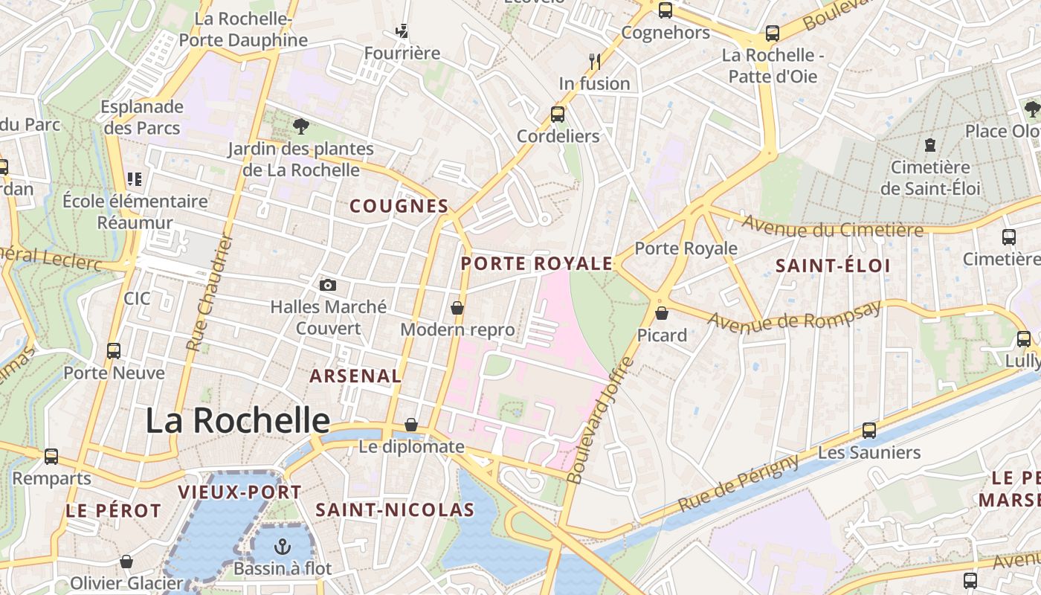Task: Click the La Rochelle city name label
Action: (237, 421)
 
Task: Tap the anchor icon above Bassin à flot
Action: (282, 547)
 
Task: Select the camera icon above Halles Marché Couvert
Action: (327, 285)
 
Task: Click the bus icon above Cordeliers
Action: (558, 115)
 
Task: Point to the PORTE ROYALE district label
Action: (536, 263)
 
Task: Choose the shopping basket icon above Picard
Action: (662, 313)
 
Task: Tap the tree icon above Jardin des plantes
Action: (300, 126)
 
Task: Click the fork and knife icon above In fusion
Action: (594, 61)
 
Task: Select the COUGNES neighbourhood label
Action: (399, 206)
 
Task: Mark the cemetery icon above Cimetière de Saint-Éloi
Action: (929, 145)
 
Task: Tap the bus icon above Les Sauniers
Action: (868, 430)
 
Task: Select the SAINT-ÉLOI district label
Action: (833, 266)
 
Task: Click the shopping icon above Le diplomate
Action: (411, 425)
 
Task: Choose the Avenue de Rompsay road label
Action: (794, 315)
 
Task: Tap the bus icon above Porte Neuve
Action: (114, 350)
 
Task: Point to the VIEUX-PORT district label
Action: (239, 492)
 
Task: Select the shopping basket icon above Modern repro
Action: (457, 307)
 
